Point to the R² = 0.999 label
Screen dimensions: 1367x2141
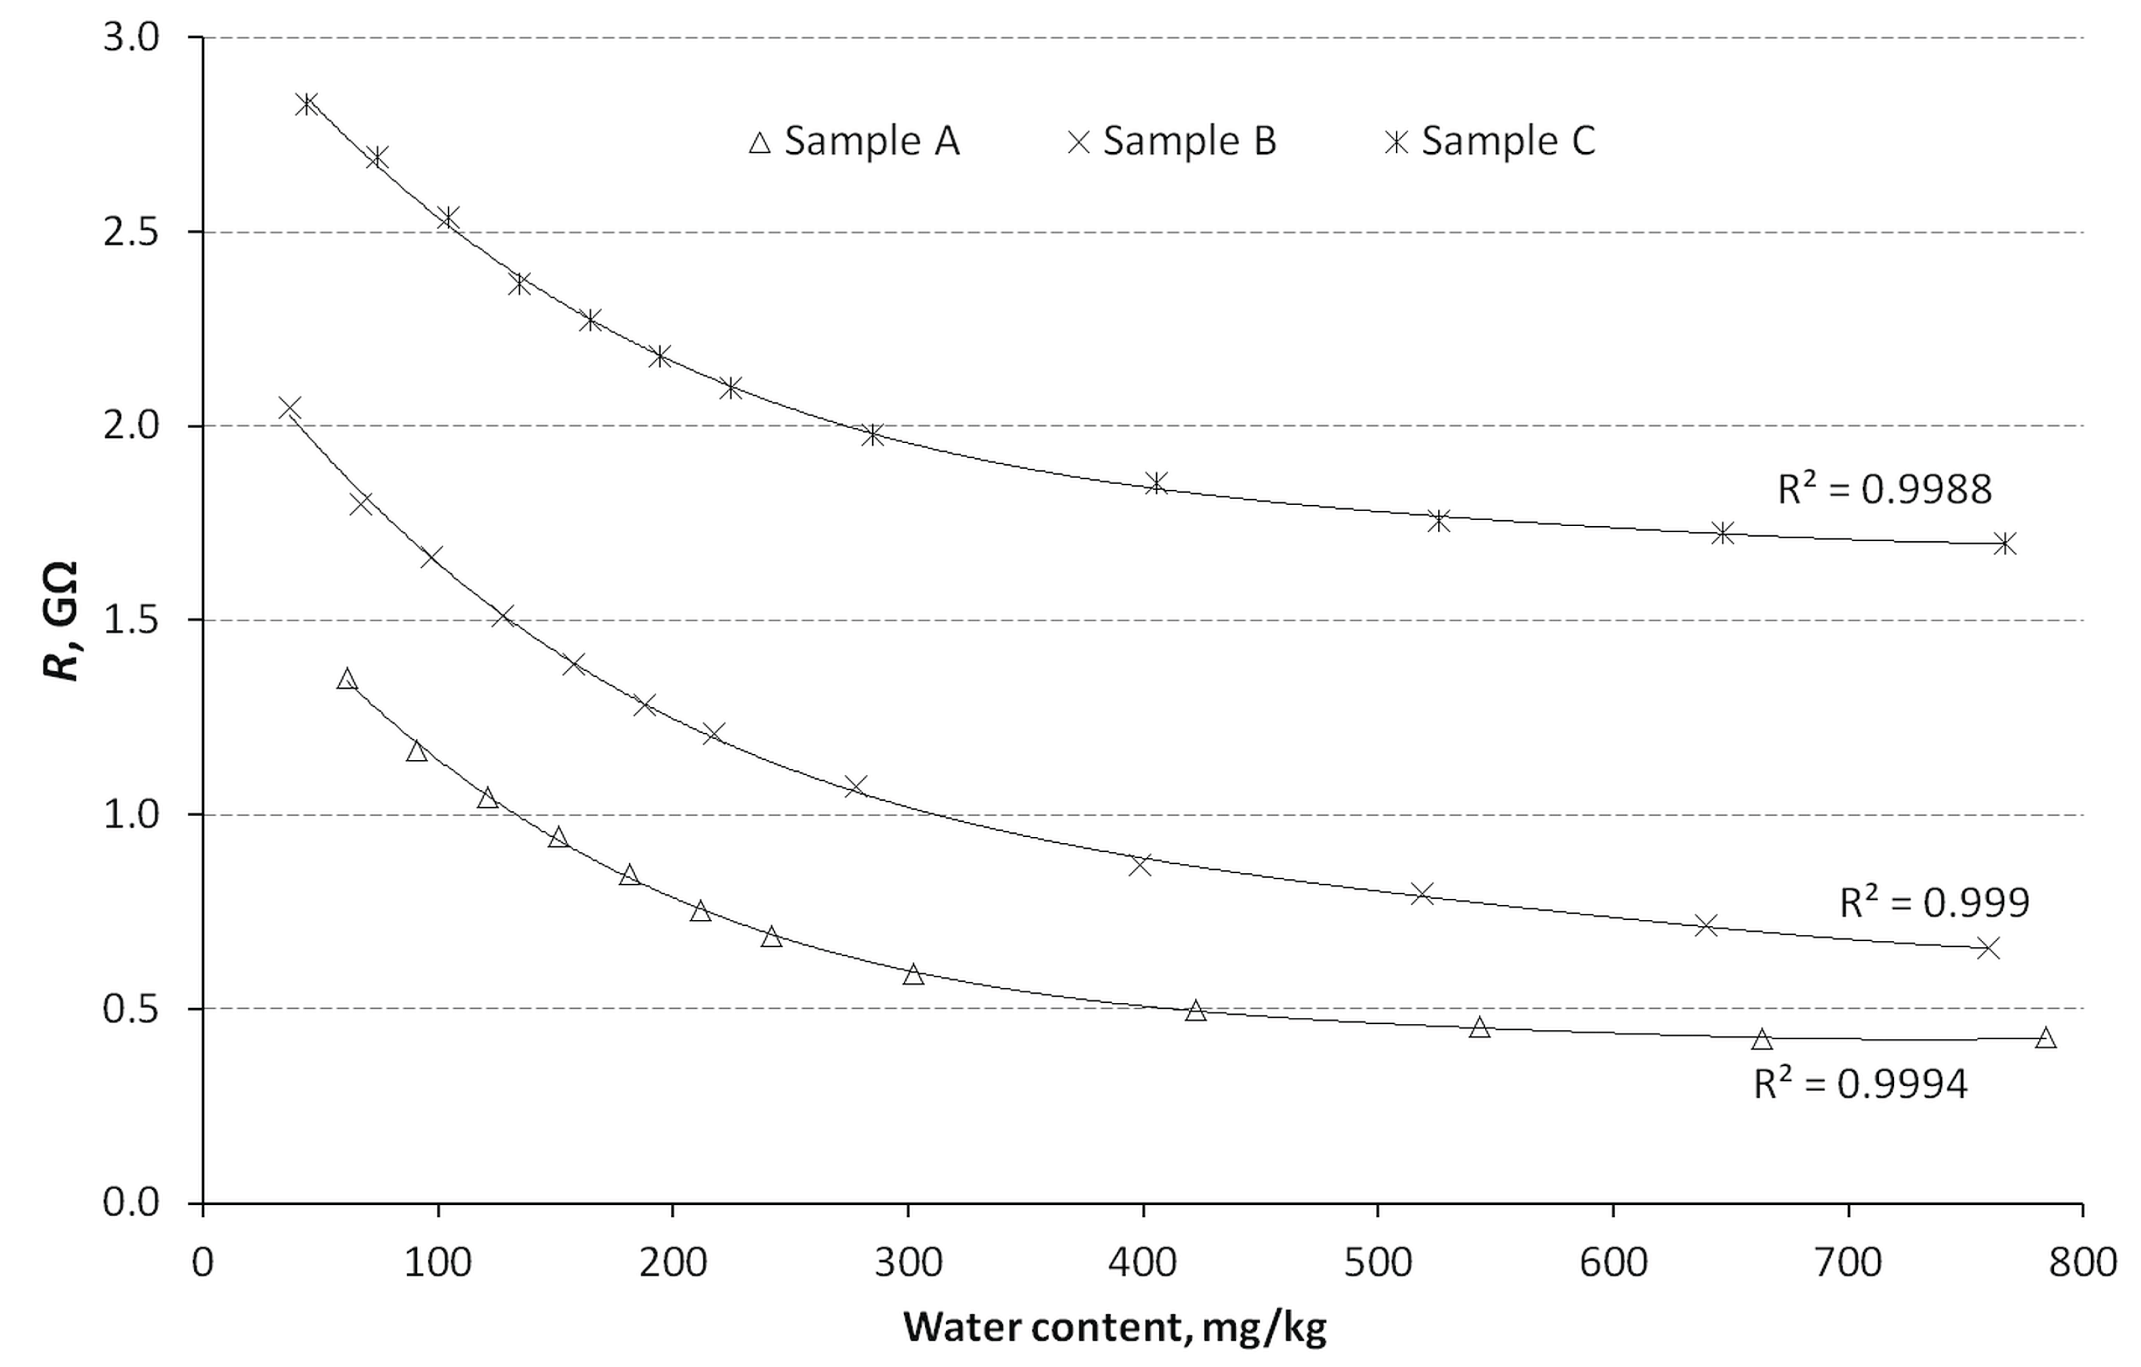(x=1934, y=903)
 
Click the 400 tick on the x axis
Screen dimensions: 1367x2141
(x=1142, y=1262)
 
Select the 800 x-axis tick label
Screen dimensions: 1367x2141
(x=2082, y=1262)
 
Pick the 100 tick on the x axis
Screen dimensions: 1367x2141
(x=438, y=1262)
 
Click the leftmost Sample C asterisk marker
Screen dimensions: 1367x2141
(x=307, y=104)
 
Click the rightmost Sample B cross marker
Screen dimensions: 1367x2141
(x=1989, y=948)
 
